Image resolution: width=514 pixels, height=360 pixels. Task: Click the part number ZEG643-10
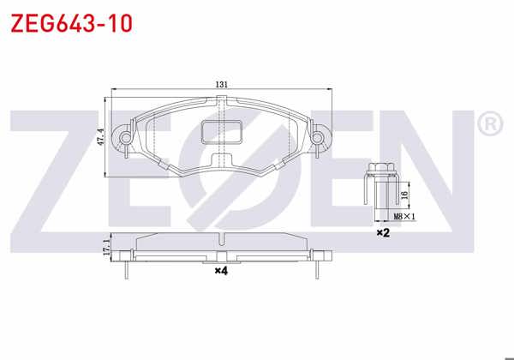click(x=70, y=23)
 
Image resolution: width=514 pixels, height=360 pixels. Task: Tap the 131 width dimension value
click(x=221, y=85)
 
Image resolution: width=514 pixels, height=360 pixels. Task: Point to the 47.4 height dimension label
click(x=100, y=137)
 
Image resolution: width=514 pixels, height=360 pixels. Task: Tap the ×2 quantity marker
click(x=383, y=232)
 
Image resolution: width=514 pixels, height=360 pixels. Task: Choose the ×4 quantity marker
click(x=220, y=271)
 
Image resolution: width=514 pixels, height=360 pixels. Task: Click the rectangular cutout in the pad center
click(x=222, y=131)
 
